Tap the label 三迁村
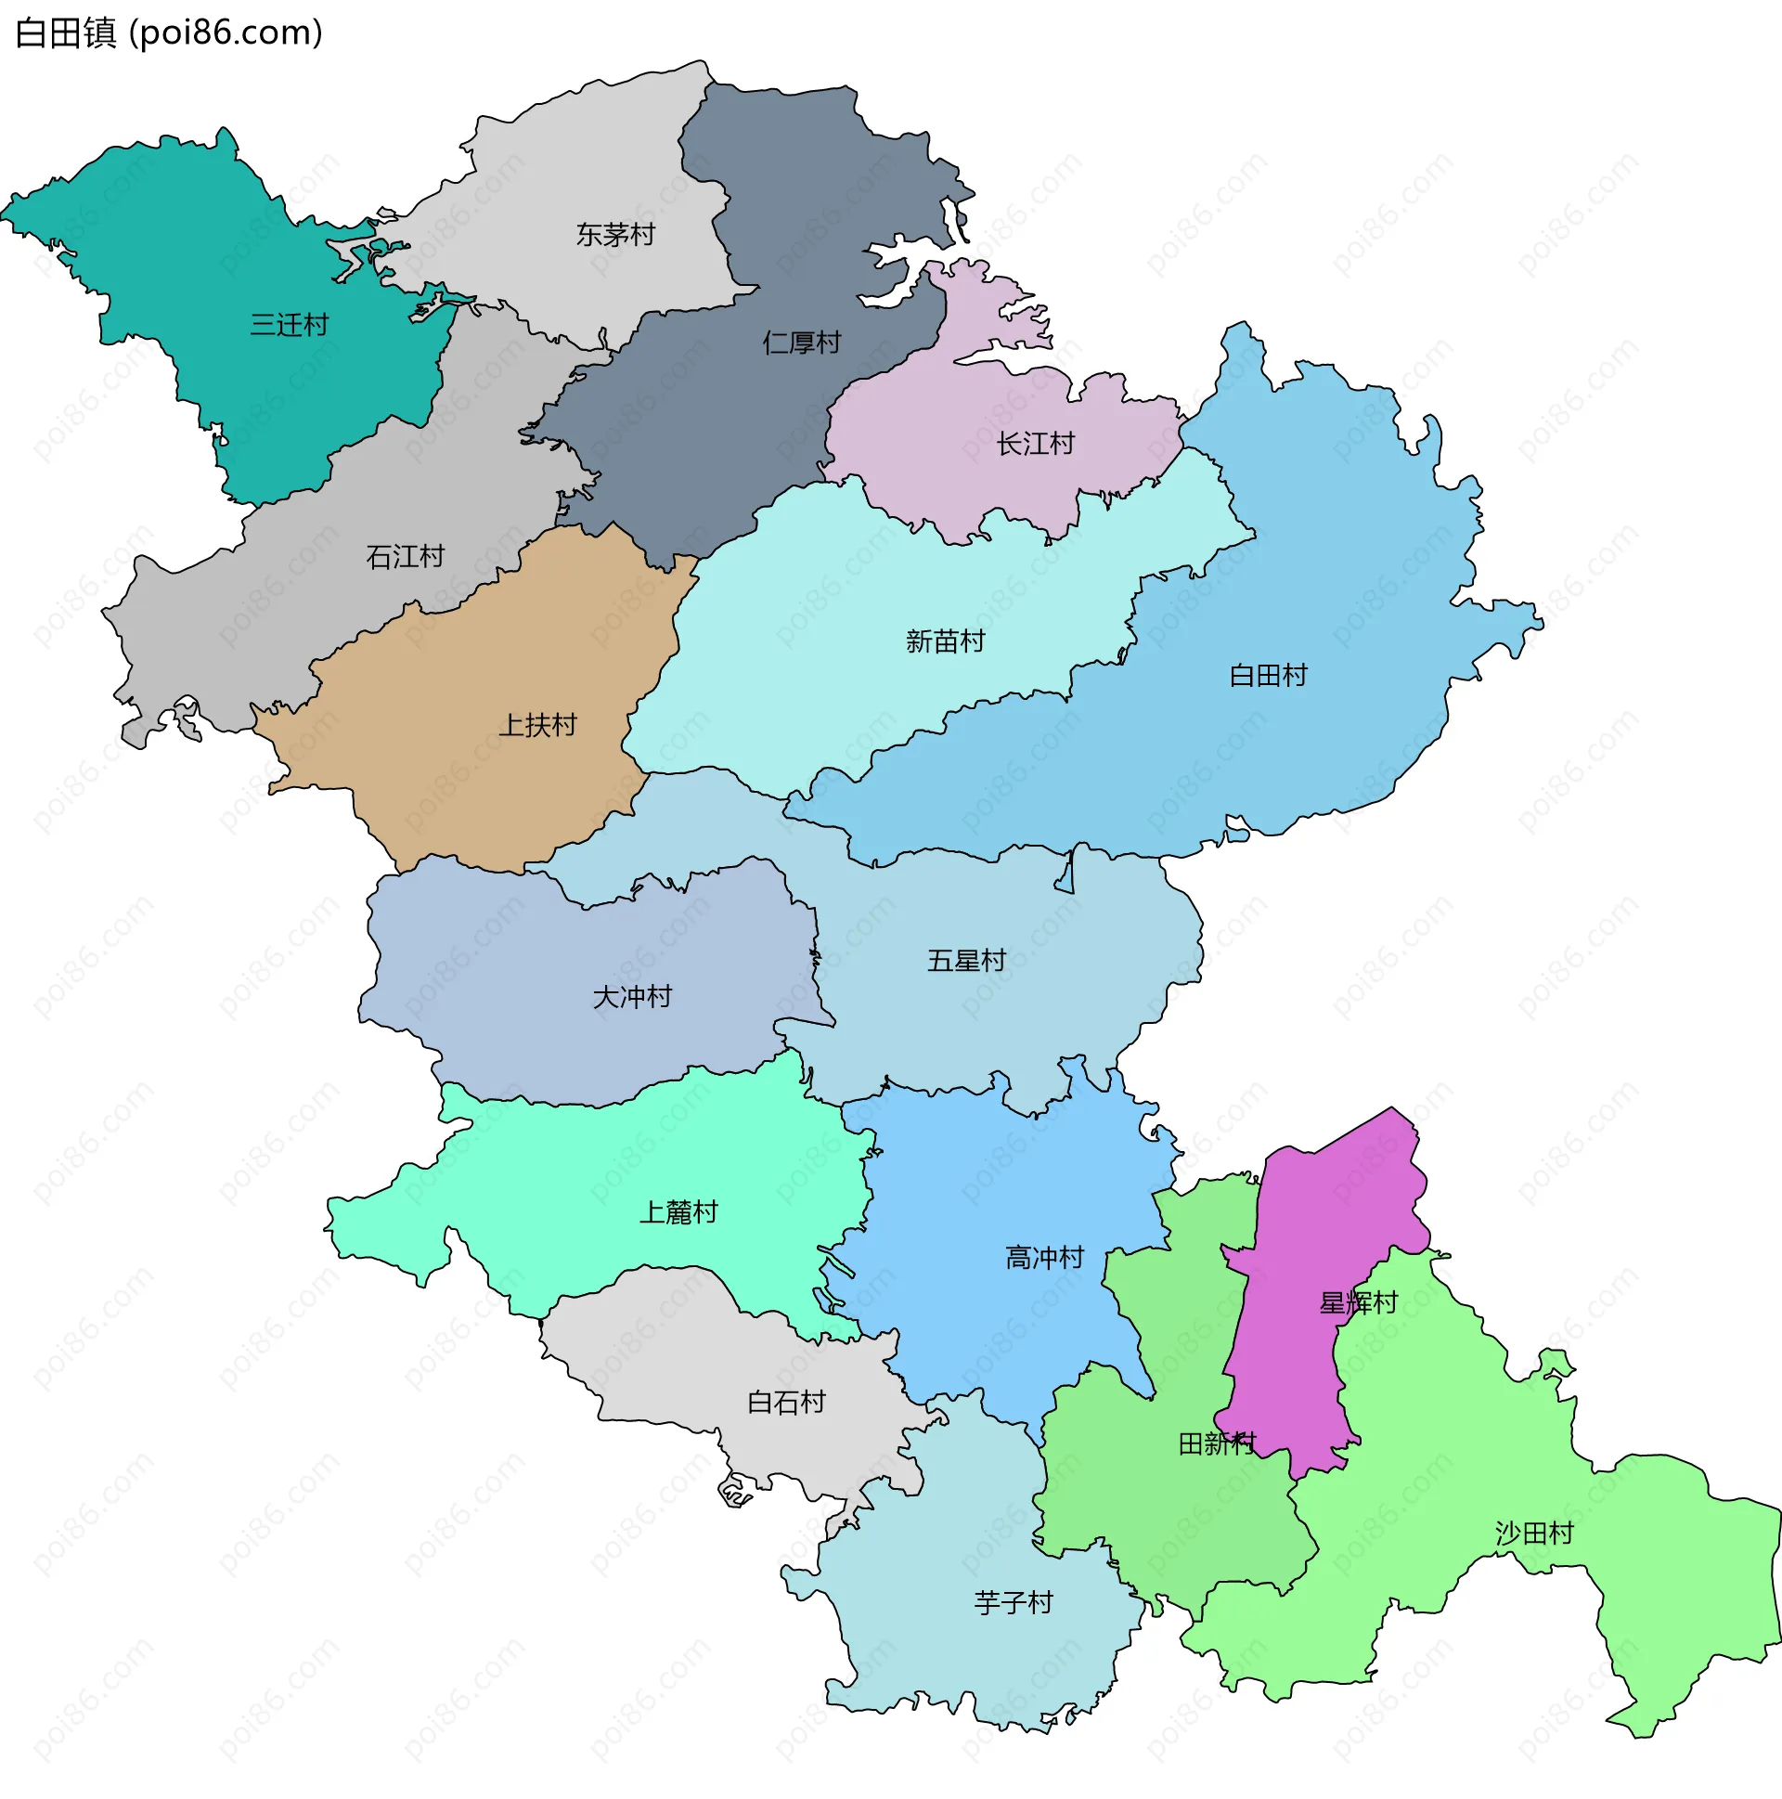click(x=290, y=325)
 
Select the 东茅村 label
click(x=615, y=235)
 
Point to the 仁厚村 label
click(x=802, y=343)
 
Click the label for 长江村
click(x=1035, y=444)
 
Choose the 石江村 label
click(x=405, y=557)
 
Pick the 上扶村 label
click(x=537, y=724)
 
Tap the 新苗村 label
click(x=945, y=641)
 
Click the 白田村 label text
click(x=1268, y=675)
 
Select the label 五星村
click(x=966, y=960)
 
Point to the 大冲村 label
click(x=632, y=997)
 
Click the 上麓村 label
click(x=678, y=1212)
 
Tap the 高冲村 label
click(x=1045, y=1258)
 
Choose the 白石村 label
click(x=787, y=1403)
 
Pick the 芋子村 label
click(x=1013, y=1602)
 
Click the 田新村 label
click(x=1217, y=1444)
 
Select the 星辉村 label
click(x=1359, y=1302)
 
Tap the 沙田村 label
click(x=1534, y=1534)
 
